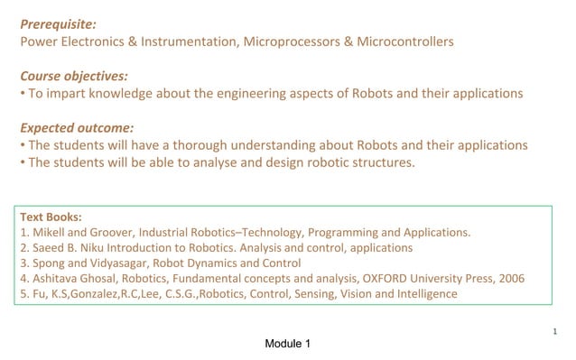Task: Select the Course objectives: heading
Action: (x=74, y=76)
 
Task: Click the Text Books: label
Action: (x=51, y=217)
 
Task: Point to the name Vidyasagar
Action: (x=113, y=263)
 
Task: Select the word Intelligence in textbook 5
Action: (x=423, y=294)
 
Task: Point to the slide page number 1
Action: (x=555, y=332)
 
